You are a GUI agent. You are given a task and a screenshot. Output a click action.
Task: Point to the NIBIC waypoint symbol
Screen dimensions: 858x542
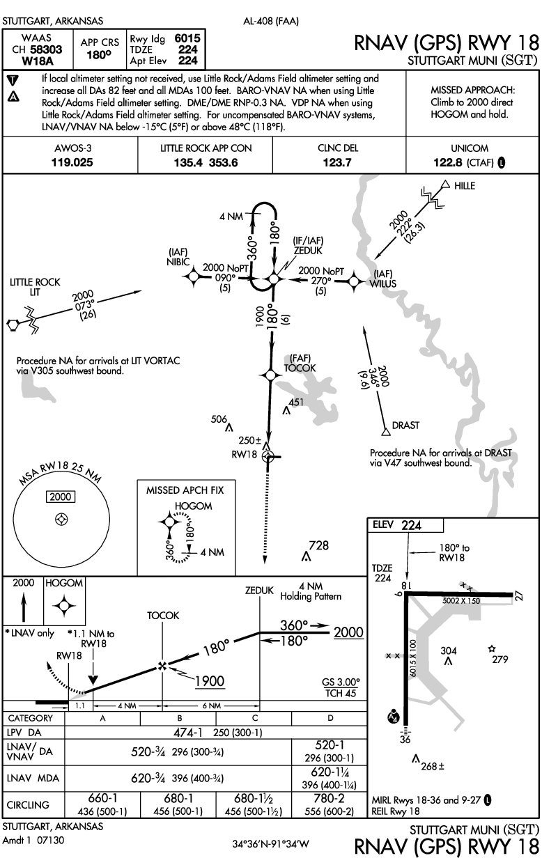pos(194,278)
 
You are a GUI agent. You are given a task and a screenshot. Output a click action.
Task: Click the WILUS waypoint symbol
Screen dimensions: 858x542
pos(354,281)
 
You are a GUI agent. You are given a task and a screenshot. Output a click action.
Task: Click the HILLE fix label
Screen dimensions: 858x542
pos(465,186)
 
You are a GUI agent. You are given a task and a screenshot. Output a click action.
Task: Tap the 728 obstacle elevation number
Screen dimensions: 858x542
pos(318,545)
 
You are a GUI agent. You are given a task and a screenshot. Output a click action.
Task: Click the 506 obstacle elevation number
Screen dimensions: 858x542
pos(219,419)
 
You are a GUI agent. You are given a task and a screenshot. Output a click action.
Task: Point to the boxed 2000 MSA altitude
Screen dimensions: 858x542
pos(61,496)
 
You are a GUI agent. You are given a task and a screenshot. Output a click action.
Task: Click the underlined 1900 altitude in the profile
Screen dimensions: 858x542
pos(209,680)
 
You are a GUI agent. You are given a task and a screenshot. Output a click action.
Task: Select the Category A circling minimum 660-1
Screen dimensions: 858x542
pos(102,798)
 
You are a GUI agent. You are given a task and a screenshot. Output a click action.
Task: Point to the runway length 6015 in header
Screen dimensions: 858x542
pos(189,40)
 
